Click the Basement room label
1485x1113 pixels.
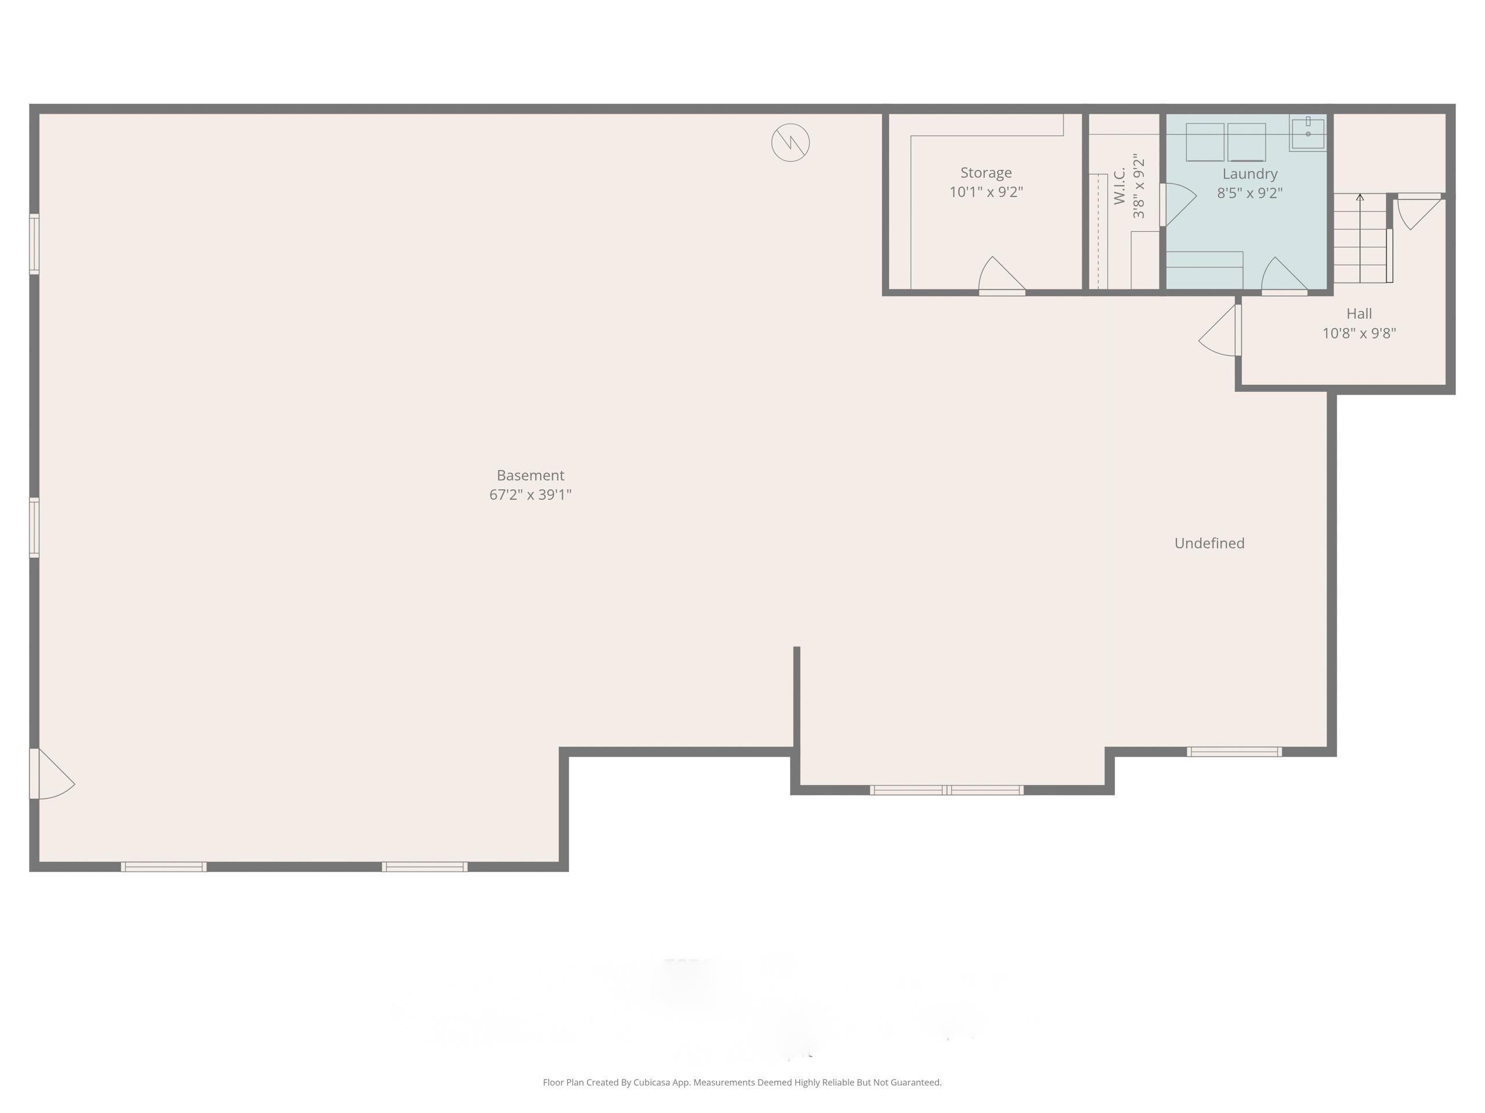(530, 475)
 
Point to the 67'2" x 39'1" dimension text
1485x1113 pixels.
(530, 495)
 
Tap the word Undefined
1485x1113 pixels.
(1209, 543)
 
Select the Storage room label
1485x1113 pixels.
(986, 172)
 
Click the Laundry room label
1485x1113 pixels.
(1249, 174)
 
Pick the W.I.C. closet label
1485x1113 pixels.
(1119, 187)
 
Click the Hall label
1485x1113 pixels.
(1359, 313)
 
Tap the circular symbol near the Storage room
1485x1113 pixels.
(790, 142)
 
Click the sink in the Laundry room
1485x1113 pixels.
(1307, 133)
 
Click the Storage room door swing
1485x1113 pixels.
(1000, 275)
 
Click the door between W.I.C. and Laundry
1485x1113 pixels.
(1178, 204)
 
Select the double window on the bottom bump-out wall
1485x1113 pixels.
(947, 790)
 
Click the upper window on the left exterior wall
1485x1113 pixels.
(34, 243)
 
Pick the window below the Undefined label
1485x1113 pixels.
(1234, 751)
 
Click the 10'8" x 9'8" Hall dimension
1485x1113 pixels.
(1359, 333)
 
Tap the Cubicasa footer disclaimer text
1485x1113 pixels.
(742, 1082)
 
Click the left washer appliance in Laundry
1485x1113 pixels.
(1204, 141)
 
